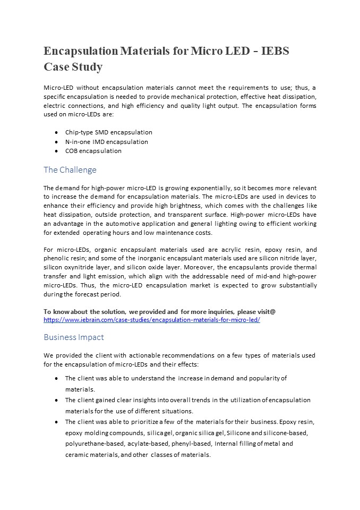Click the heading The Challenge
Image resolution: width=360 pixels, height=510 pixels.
pyautogui.click(x=70, y=170)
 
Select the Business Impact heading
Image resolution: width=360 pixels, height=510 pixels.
pyautogui.click(x=74, y=337)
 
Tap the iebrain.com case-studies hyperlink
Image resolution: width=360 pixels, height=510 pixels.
pyautogui.click(x=151, y=320)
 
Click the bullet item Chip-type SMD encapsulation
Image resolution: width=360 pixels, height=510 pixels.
pyautogui.click(x=108, y=132)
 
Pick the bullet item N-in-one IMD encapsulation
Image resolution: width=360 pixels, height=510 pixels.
pyautogui.click(x=106, y=142)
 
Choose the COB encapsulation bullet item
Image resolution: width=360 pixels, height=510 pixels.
pyautogui.click(x=93, y=151)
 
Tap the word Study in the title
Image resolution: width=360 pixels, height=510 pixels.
pyautogui.click(x=85, y=67)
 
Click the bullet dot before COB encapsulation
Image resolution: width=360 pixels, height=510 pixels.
pyautogui.click(x=56, y=151)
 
